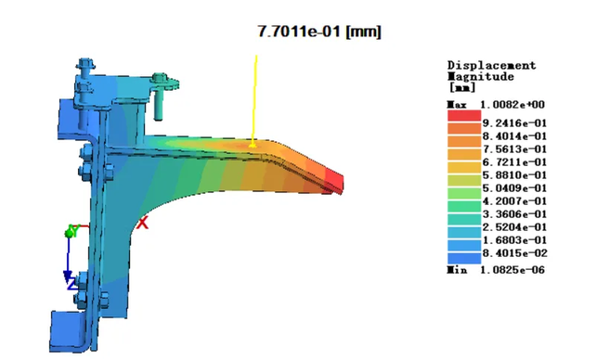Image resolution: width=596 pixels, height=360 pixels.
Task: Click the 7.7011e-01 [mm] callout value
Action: coord(319,32)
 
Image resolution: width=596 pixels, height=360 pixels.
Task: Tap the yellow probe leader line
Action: coord(254,100)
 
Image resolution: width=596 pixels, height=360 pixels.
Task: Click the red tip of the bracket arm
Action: coord(334,180)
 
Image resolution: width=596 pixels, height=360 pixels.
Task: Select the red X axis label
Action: coord(143,223)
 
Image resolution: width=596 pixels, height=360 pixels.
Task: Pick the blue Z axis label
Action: coord(71,284)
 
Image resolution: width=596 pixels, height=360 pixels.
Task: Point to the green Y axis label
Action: coord(73,230)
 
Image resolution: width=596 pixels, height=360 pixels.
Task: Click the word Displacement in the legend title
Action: coord(491,65)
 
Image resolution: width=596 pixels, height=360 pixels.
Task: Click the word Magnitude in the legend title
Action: coord(481,76)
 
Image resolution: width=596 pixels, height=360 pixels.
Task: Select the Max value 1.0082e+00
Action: coord(512,105)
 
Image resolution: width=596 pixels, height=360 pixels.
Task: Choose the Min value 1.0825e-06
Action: coord(512,270)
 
